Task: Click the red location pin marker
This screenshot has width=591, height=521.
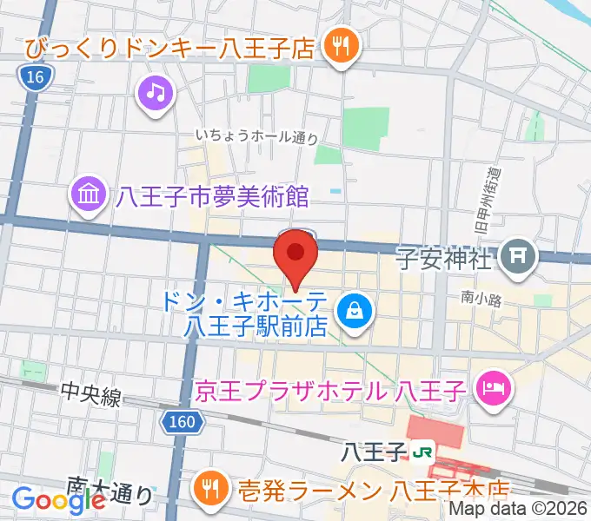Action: [x=295, y=254]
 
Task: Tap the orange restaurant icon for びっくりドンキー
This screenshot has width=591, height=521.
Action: [x=336, y=47]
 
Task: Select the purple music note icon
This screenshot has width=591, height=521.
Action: [x=155, y=92]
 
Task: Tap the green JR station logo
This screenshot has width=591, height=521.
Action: [x=423, y=452]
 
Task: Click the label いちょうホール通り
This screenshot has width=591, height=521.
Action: [x=256, y=136]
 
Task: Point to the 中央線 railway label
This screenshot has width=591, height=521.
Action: [x=91, y=395]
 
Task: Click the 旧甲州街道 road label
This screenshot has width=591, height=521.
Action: [x=492, y=201]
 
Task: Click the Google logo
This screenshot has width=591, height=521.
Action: [x=59, y=499]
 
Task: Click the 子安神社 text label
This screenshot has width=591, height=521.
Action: [x=443, y=258]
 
